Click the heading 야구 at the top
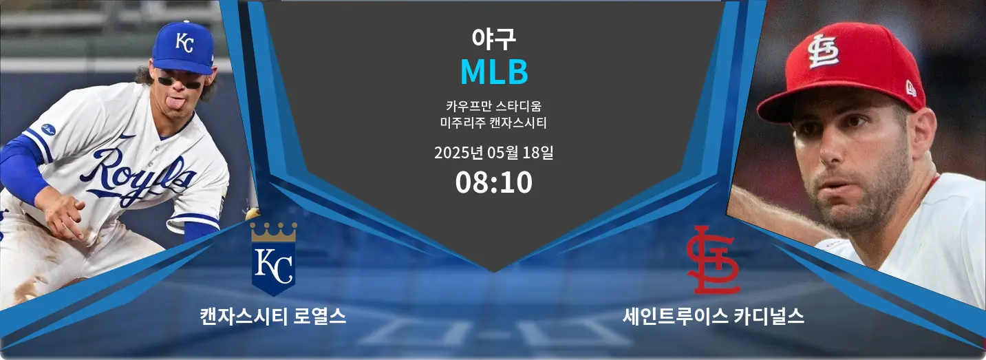click(493, 39)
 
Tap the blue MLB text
click(494, 72)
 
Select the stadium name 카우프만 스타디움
click(493, 106)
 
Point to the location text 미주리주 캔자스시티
click(493, 123)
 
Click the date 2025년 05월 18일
click(493, 153)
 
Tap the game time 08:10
click(494, 182)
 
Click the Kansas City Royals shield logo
click(273, 259)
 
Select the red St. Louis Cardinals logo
click(713, 260)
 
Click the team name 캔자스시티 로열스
click(273, 317)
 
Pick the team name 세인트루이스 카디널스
click(713, 317)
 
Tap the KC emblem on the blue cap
click(184, 42)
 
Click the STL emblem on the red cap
click(823, 51)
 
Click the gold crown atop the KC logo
click(273, 232)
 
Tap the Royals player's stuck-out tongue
click(177, 104)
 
